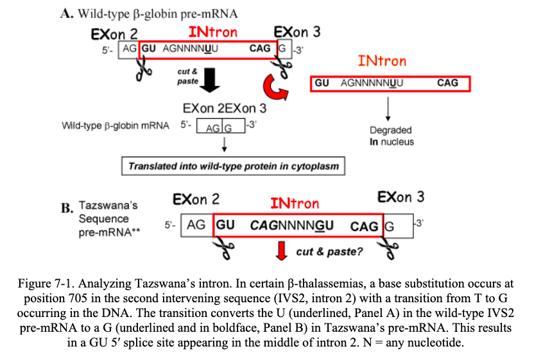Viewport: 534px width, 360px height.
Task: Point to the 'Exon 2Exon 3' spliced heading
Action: tap(224, 108)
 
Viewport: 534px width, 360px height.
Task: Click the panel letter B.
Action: tap(67, 208)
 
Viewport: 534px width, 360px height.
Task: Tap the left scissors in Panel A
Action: tap(142, 67)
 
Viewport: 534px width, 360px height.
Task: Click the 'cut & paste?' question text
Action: tap(329, 251)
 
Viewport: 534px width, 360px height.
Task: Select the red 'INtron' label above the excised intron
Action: tap(382, 61)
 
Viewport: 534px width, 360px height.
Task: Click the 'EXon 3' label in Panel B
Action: tap(401, 196)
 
